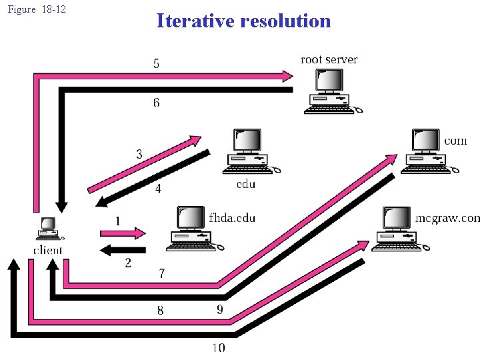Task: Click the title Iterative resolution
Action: click(243, 21)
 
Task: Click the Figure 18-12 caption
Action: click(37, 10)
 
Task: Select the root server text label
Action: click(329, 59)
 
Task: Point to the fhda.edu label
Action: click(231, 217)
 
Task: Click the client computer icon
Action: click(48, 229)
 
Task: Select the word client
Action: click(48, 250)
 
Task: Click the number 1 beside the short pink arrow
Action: click(118, 221)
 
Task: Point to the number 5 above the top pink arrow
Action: click(156, 64)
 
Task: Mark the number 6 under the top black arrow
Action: click(156, 103)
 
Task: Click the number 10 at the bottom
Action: click(219, 347)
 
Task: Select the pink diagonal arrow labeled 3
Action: click(144, 164)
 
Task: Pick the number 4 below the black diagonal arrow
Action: click(158, 189)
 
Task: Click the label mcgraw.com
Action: click(447, 218)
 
